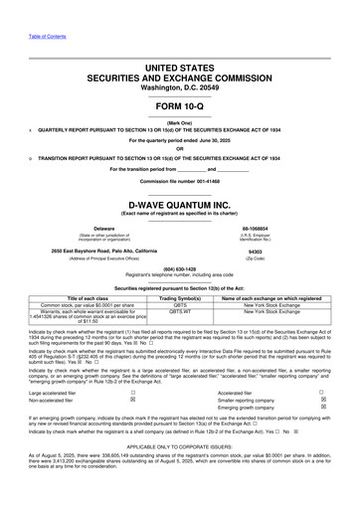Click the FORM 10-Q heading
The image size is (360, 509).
tap(180, 104)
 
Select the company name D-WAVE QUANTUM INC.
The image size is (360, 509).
tap(180, 202)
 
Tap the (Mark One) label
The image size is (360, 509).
tap(180, 122)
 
